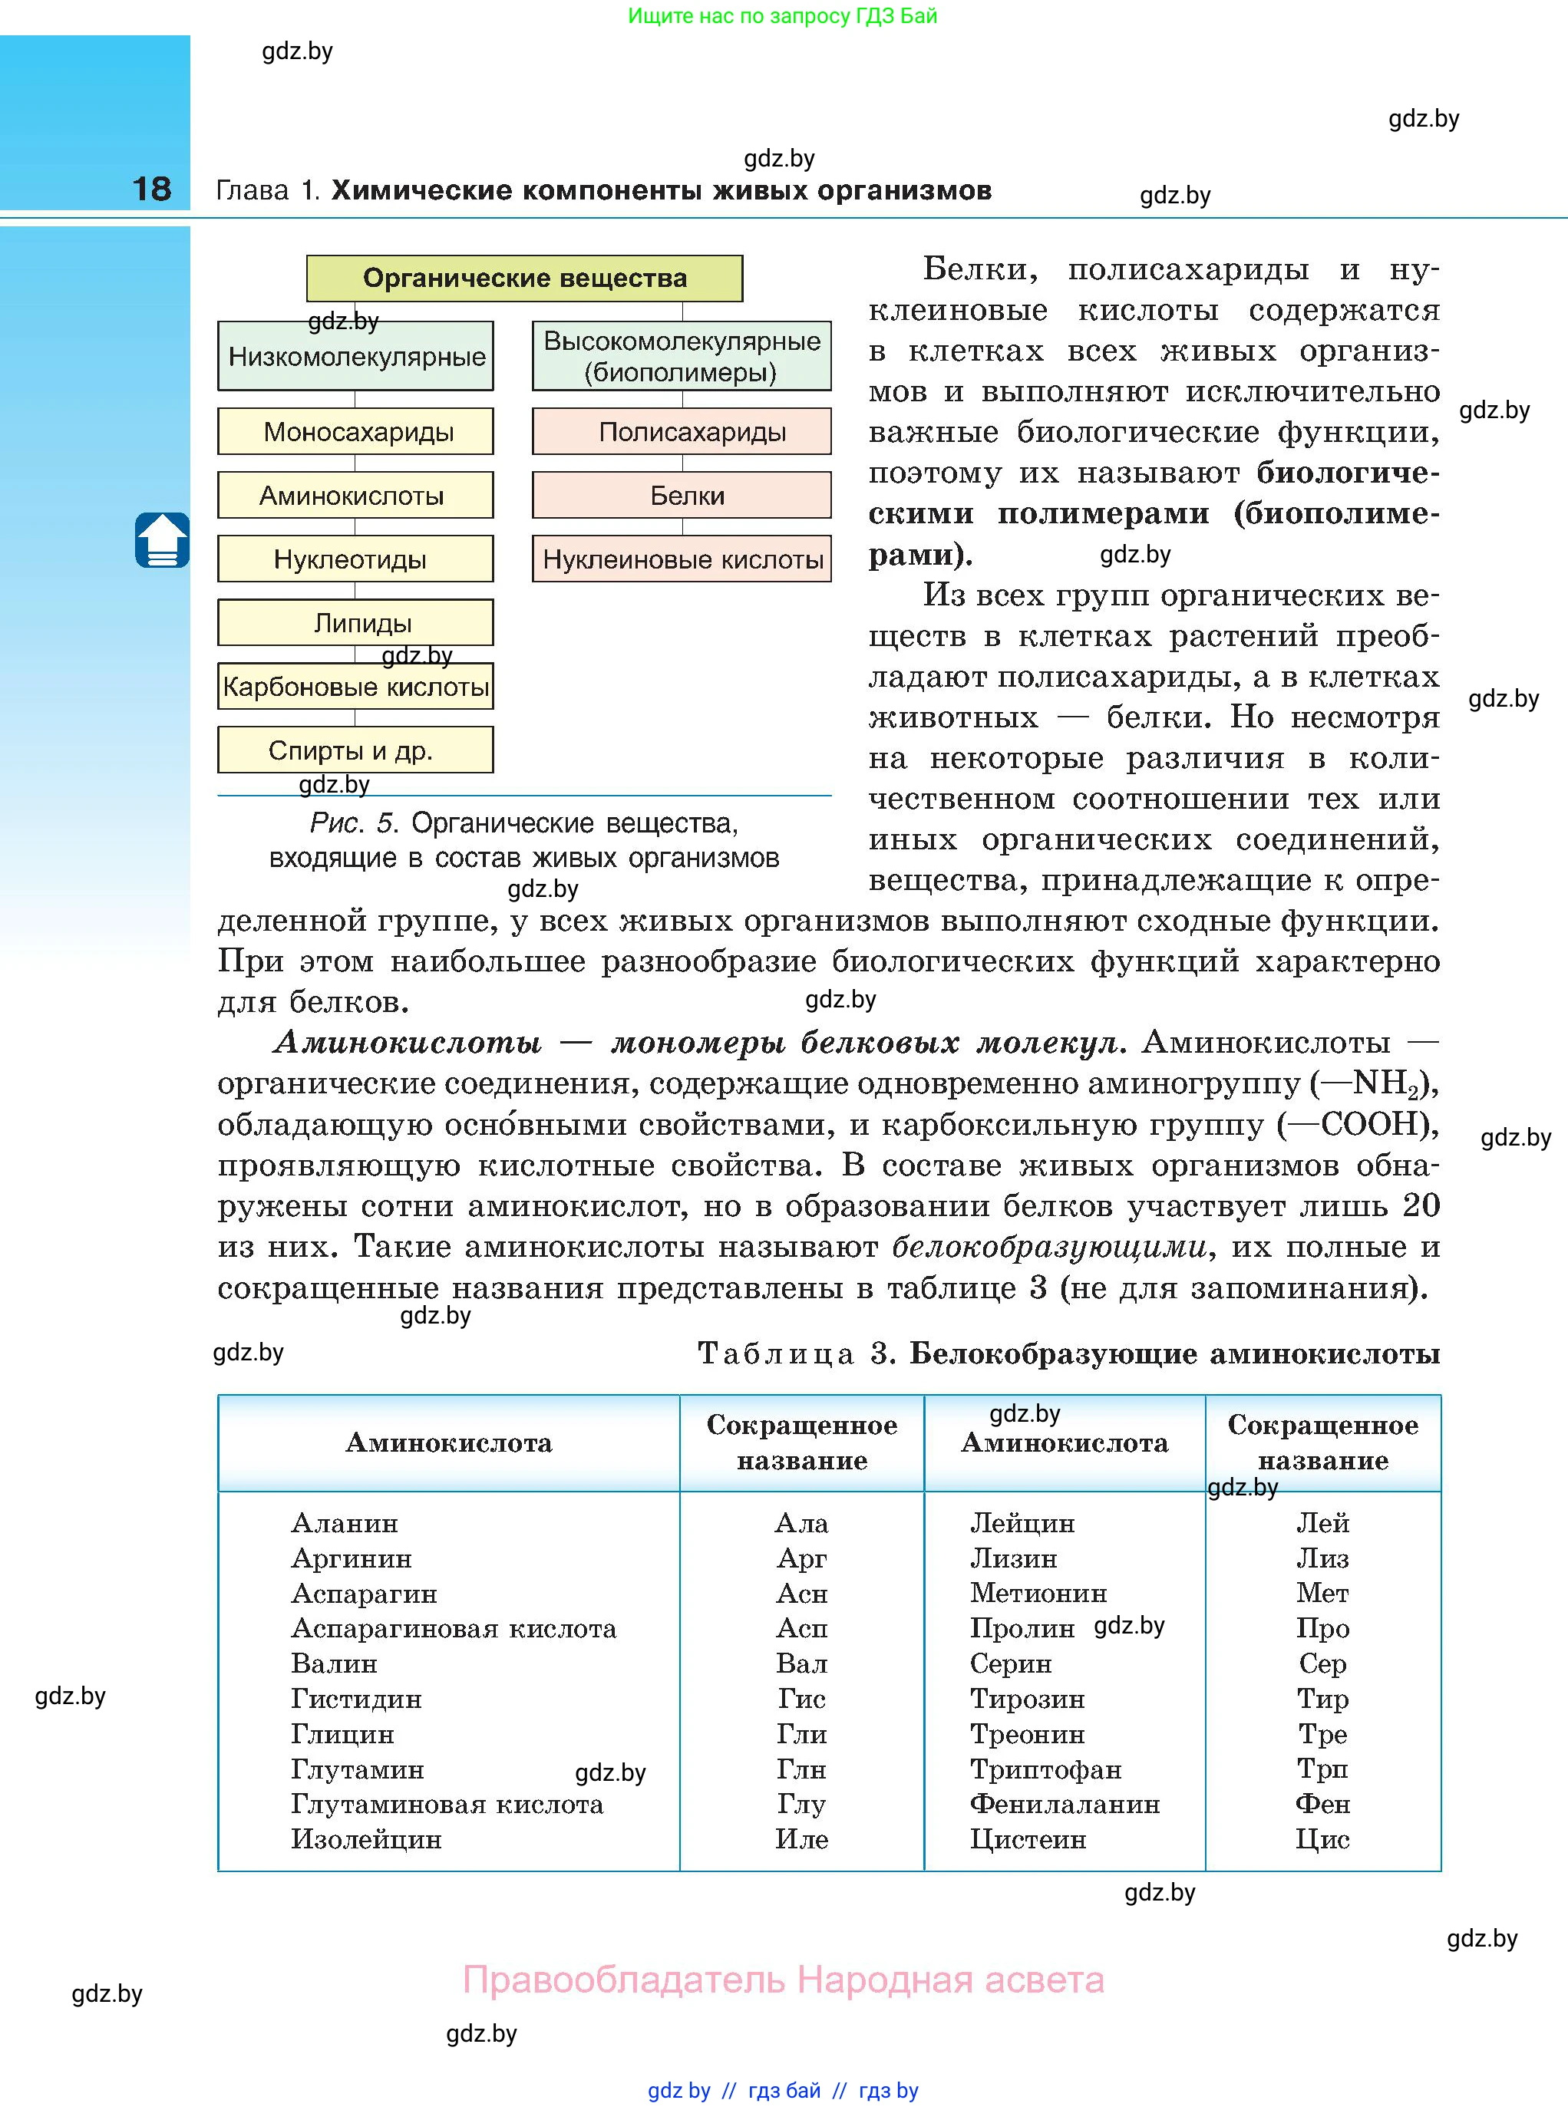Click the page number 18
pos(152,189)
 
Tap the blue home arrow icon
pos(162,540)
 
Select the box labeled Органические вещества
pos(524,278)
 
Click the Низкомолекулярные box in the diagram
pos(356,357)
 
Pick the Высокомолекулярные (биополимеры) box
pos(682,356)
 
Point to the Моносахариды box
pos(356,432)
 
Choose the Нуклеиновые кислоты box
pos(682,559)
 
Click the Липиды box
pos(356,622)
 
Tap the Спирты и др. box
pos(356,750)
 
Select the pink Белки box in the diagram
pos(682,495)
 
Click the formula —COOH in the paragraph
pos(1355,1124)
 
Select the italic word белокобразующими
pos(1049,1247)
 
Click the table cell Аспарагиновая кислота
pos(454,1629)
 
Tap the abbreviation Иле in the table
pos(801,1840)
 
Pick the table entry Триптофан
pos(1045,1769)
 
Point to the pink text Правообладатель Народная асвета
pos(783,1980)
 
